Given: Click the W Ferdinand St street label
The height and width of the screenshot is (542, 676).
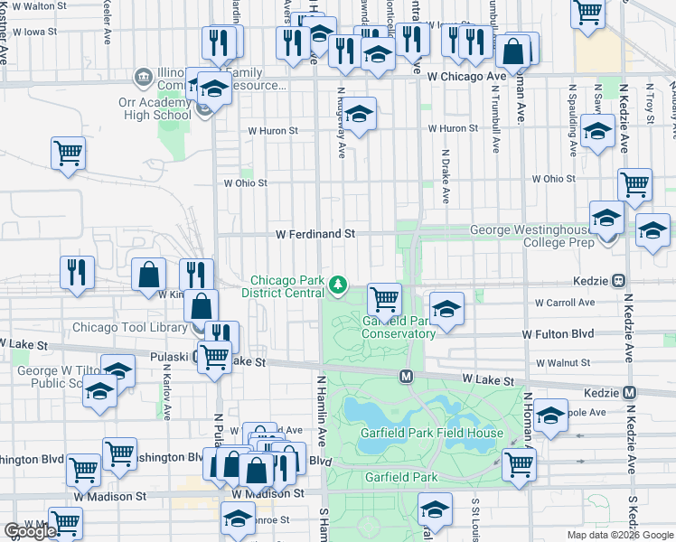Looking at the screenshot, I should (x=315, y=234).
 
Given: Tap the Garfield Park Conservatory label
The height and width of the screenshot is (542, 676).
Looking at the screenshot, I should (x=399, y=327).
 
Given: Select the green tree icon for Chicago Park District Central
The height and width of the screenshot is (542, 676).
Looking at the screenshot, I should (x=338, y=285).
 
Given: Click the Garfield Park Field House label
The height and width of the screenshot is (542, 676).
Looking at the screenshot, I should (x=431, y=433).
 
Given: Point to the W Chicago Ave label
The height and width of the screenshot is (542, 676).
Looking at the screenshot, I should (x=466, y=77).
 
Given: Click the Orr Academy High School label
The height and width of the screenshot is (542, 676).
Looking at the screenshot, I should (x=155, y=108).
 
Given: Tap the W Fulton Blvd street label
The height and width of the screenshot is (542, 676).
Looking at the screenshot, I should (x=558, y=334).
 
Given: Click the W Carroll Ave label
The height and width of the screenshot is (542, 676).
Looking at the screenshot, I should (x=565, y=303).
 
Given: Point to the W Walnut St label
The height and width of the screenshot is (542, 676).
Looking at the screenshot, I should (x=562, y=363).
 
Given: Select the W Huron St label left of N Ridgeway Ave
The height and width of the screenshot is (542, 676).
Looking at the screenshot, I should (x=274, y=131).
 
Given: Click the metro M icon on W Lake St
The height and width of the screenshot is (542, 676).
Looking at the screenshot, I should (x=407, y=375).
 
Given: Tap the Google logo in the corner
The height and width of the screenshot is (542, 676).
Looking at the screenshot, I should (x=29, y=531).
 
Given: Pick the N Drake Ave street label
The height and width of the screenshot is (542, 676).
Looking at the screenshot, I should (x=446, y=175).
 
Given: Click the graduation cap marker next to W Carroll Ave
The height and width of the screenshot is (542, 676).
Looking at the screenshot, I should (x=446, y=308).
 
